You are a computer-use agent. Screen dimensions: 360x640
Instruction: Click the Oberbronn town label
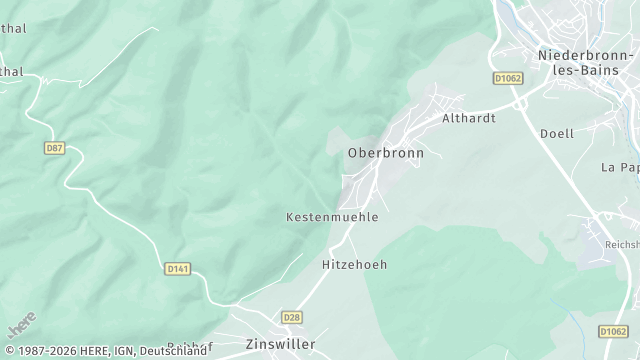pyautogui.click(x=385, y=153)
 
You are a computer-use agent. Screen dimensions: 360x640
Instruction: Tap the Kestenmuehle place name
pyautogui.click(x=332, y=217)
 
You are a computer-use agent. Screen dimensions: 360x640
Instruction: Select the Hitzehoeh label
pyautogui.click(x=354, y=265)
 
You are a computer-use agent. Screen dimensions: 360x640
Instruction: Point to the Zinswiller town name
pyautogui.click(x=280, y=344)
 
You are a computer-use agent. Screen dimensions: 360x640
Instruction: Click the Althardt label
pyautogui.click(x=469, y=117)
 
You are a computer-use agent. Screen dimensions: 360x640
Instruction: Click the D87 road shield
pyautogui.click(x=54, y=148)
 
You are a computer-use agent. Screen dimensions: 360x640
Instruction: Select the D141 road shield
pyautogui.click(x=177, y=268)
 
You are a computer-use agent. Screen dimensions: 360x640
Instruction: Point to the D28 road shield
pyautogui.click(x=291, y=317)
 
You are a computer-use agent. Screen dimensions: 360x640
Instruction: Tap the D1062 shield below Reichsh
pyautogui.click(x=613, y=330)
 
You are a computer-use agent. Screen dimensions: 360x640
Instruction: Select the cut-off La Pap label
pyautogui.click(x=620, y=167)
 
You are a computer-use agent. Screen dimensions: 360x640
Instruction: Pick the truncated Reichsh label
pyautogui.click(x=621, y=244)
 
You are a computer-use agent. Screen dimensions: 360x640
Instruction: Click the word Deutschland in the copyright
pyautogui.click(x=173, y=351)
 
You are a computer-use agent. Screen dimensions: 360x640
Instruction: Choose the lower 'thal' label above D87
pyautogui.click(x=12, y=72)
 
